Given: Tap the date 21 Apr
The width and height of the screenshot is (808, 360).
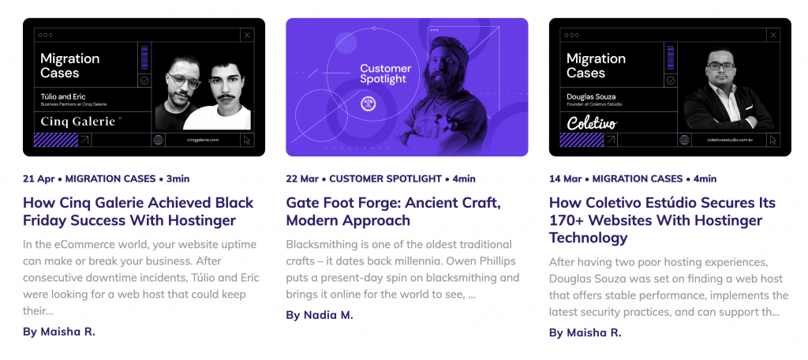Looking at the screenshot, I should click(x=38, y=178).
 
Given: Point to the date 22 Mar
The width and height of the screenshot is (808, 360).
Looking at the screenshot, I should click(x=301, y=178).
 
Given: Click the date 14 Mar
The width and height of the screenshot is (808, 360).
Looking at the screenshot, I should click(x=564, y=178).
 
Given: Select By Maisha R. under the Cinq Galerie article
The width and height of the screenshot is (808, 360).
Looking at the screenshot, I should click(x=59, y=332).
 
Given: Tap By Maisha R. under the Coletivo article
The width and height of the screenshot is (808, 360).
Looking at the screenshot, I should click(x=585, y=332).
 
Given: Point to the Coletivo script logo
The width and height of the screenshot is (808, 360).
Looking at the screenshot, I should click(x=591, y=122).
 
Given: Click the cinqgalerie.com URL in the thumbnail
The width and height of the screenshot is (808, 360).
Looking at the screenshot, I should click(x=202, y=140).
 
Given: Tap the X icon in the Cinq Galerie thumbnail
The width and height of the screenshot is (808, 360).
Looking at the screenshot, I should click(x=247, y=35).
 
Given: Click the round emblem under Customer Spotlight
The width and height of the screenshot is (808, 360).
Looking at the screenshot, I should click(x=367, y=103).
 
